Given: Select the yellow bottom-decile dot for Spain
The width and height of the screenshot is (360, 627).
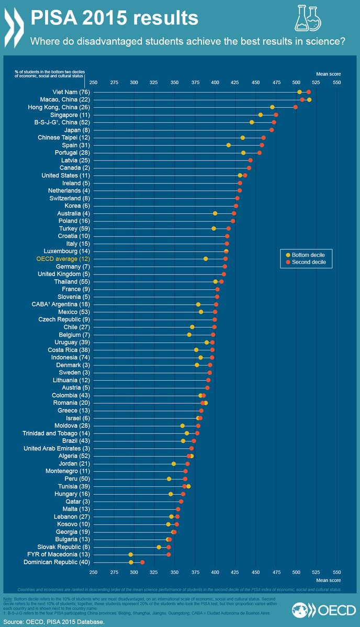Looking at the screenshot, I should point(229,145).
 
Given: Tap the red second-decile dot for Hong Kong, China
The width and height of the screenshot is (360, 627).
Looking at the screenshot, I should point(296,107).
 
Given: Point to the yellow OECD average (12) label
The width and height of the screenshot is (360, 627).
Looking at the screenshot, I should point(63,259).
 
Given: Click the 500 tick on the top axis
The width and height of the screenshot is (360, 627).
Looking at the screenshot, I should point(296,82).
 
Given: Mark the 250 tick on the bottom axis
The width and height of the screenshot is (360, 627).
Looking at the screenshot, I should point(93,572).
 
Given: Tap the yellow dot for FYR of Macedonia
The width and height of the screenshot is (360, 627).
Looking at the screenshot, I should point(131,554).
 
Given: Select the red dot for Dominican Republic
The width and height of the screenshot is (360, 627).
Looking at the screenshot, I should point(142,562).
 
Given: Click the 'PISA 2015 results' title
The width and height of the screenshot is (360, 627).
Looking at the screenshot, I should point(115,18).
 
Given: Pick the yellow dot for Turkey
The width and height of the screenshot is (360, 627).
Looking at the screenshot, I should point(214,229).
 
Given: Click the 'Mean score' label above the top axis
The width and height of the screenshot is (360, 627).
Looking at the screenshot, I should point(328,74).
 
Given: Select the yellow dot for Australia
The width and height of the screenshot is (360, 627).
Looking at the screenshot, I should point(215,213).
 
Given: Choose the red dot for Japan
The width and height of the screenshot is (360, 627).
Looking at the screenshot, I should point(272,130).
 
